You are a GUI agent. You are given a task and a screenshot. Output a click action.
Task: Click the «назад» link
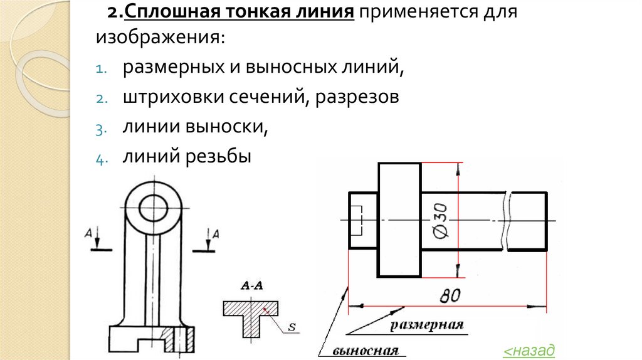[x=530, y=350]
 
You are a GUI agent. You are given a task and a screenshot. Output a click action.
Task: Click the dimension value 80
[x=450, y=295]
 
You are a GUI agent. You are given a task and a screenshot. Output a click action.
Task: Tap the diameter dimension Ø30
[x=440, y=220]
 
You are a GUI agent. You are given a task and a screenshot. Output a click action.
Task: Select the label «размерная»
[x=427, y=325]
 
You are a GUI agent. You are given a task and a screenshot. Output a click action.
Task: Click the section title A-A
[x=251, y=287]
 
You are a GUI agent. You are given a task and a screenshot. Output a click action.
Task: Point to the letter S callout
[x=292, y=326]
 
